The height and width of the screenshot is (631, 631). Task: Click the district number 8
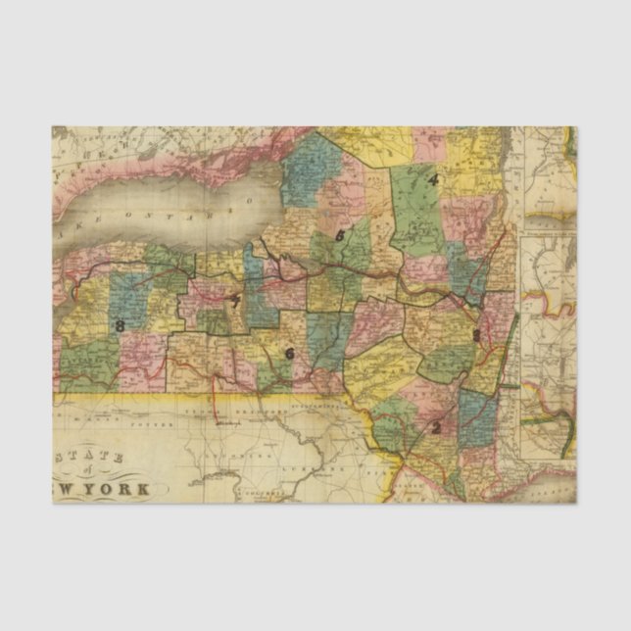(x=120, y=325)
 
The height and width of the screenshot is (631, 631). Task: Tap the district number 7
(x=235, y=301)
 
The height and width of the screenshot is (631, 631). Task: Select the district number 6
(x=289, y=354)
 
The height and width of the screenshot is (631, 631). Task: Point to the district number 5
(x=339, y=235)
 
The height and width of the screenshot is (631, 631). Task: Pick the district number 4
(x=431, y=179)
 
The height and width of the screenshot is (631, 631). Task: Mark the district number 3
(x=476, y=335)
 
